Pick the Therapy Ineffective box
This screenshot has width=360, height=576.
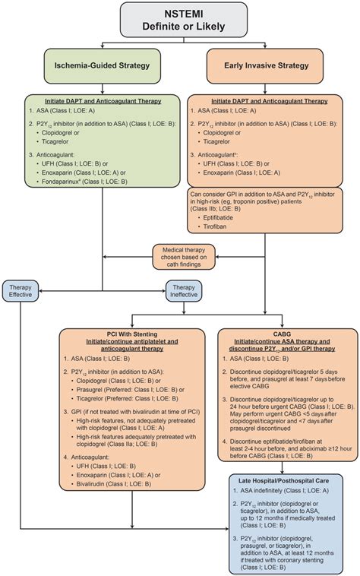pyautogui.click(x=185, y=290)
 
